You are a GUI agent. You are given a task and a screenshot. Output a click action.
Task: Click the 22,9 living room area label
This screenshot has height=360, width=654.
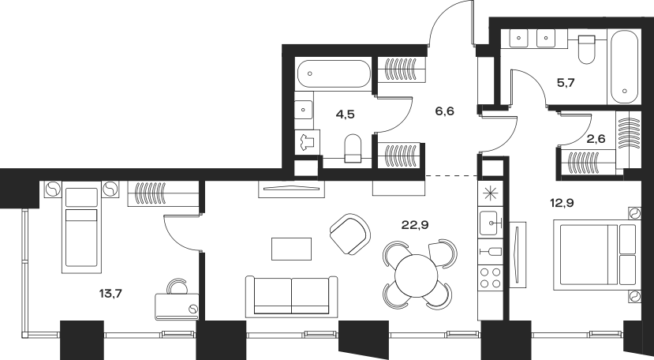[415, 226]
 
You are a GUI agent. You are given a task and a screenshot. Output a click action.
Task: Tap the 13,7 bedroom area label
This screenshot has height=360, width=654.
[110, 294]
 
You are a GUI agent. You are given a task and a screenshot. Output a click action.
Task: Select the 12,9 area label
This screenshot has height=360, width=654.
[562, 204]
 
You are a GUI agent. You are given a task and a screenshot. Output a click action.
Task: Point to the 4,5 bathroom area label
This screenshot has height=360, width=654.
[345, 114]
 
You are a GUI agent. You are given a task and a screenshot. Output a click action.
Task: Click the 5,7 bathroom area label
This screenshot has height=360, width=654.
[566, 83]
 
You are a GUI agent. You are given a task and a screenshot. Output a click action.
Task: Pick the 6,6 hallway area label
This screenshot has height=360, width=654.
[444, 111]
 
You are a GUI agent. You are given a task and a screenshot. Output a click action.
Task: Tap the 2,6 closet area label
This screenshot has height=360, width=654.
[596, 139]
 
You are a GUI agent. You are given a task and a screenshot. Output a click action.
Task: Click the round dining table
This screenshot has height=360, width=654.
[417, 276]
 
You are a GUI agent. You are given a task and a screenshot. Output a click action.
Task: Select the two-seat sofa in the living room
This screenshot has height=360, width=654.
[292, 297]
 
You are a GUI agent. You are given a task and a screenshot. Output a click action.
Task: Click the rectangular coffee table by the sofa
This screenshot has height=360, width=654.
[292, 249]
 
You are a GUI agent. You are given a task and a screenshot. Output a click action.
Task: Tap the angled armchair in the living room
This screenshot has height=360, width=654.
[350, 234]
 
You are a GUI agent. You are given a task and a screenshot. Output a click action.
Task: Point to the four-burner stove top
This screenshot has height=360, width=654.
[490, 278]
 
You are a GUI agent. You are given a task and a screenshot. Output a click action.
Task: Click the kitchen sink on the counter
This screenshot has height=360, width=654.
[490, 223]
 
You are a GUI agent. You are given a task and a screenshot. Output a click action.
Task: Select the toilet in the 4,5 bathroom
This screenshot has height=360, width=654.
[353, 148]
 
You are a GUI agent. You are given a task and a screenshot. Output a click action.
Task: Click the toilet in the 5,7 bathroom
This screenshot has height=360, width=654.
[586, 49]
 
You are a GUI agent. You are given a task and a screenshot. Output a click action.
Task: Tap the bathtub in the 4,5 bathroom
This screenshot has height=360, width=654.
[334, 74]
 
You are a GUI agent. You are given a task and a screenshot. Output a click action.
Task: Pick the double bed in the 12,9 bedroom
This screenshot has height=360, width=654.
[597, 255]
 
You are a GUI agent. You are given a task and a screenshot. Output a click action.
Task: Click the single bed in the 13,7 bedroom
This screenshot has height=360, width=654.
[81, 227]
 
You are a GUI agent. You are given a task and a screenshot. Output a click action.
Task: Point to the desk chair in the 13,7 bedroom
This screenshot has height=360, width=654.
[178, 287]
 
